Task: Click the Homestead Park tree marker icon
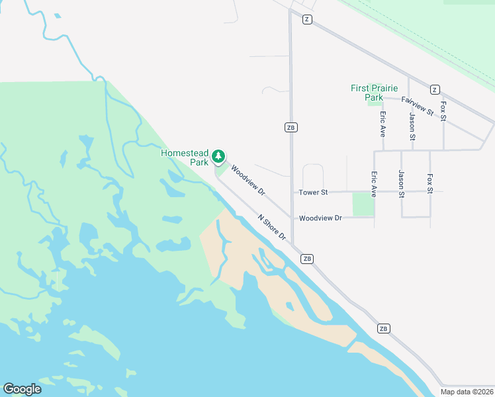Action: point(218,157)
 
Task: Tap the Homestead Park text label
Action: point(185,157)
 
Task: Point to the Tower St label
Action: point(314,193)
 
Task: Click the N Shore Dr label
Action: point(272,227)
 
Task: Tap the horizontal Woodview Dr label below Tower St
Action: point(320,218)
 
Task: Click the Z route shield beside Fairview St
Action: point(434,89)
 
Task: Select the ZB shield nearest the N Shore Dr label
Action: point(307,259)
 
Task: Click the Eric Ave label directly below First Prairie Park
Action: point(382,124)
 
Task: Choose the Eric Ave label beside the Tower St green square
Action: point(373,185)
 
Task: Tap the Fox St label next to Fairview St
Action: point(443,110)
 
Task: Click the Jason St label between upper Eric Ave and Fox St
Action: point(412,126)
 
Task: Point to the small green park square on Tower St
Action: point(363,204)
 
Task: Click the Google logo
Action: point(22,389)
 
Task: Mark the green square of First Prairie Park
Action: point(375,100)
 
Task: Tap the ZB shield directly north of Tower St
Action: point(291,127)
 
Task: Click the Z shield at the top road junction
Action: point(306,19)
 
